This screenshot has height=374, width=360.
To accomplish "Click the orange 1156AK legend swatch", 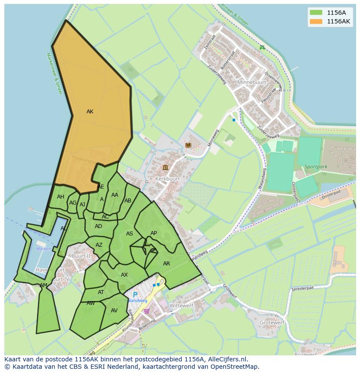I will [316, 21].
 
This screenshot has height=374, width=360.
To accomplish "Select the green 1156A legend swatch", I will [316, 12].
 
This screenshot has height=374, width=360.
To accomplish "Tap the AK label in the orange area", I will [90, 112].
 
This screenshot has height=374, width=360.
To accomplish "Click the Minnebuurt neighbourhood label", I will [251, 82].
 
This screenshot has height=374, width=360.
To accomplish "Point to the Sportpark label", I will [316, 166].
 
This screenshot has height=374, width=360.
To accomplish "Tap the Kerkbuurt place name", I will [167, 179].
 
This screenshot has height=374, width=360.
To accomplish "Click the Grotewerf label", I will [272, 323].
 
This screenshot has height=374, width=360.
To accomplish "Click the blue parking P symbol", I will [135, 295].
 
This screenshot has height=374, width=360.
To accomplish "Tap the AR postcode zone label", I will [167, 264].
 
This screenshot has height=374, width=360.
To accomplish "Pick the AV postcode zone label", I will [114, 311].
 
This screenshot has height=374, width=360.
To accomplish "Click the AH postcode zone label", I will [60, 197].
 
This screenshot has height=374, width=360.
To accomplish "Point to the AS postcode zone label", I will [130, 234].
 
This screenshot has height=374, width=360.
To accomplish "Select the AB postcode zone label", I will [128, 201].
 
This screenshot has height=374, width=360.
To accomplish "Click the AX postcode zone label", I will [124, 275].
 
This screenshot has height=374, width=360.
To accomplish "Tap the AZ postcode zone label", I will [99, 245].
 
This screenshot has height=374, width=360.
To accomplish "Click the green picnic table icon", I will [262, 48].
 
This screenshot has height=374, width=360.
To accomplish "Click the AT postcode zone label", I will [101, 292].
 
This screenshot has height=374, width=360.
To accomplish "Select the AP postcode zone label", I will [153, 233].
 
